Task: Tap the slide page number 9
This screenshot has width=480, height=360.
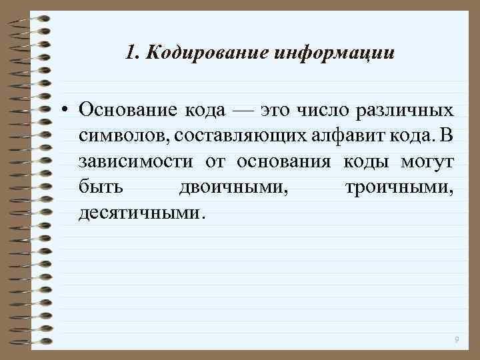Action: (456, 340)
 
